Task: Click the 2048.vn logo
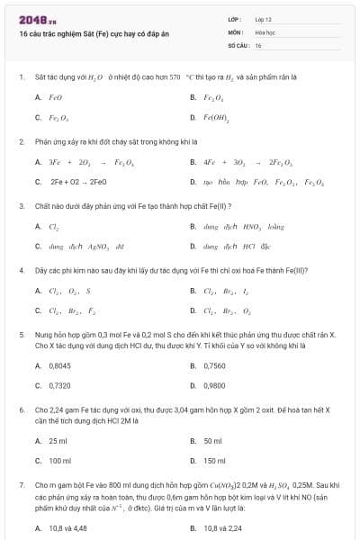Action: click(33, 19)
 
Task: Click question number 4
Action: click(21, 269)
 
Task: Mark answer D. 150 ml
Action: click(214, 460)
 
